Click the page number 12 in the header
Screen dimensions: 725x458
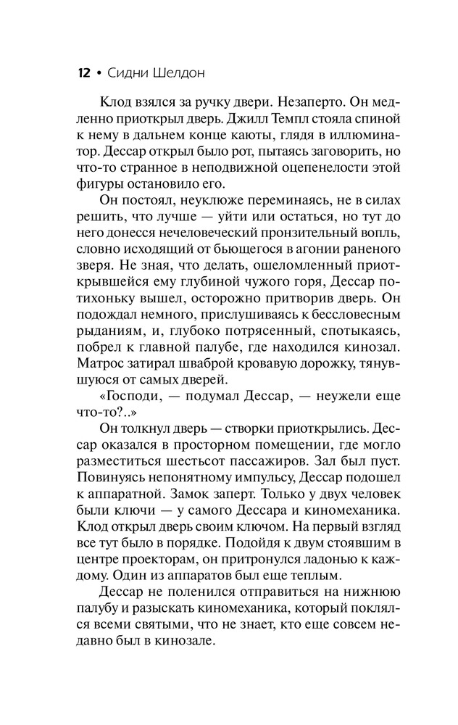(83, 74)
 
